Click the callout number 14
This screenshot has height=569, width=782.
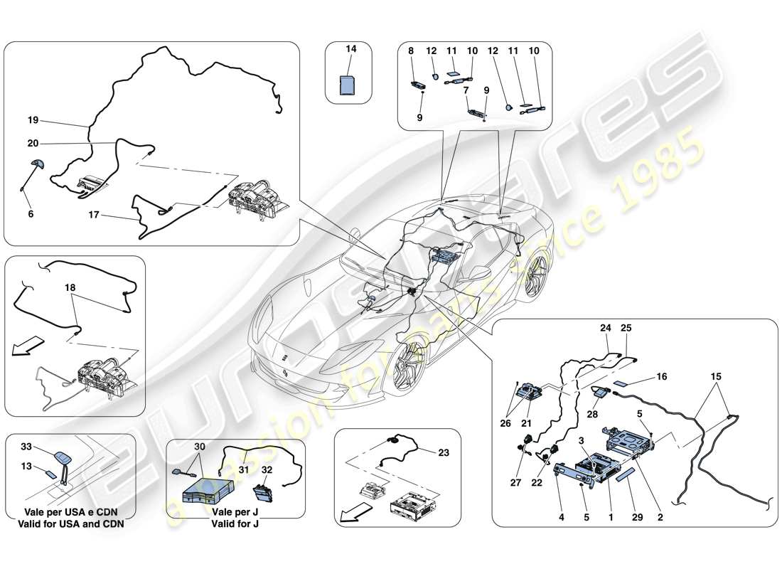coord(349,49)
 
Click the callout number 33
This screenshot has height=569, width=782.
coord(27,447)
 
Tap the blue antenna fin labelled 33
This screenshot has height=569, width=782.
coord(61,459)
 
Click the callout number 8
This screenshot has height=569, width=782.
coord(410,50)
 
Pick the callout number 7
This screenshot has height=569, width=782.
coord(465,90)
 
